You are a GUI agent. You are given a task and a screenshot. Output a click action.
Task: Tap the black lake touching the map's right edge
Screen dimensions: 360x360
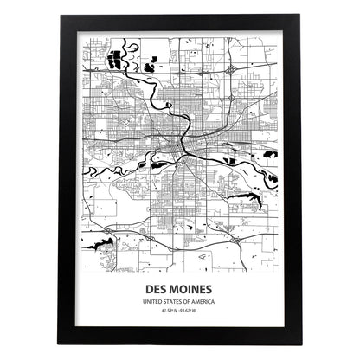(271, 153)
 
